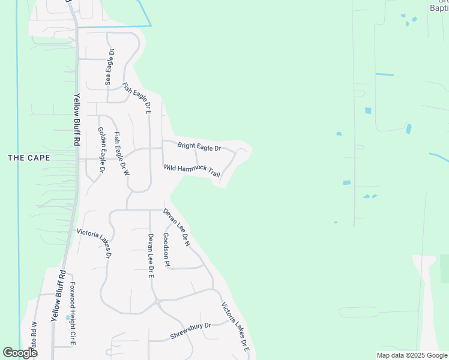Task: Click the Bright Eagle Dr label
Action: (199, 146)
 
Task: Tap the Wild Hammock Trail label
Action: (192, 170)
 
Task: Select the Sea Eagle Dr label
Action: (109, 68)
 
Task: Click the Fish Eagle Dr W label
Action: (122, 153)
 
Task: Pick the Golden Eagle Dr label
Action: (101, 150)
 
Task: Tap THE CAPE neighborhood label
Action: (29, 158)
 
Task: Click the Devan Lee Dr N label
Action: (177, 227)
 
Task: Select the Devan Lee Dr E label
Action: (151, 254)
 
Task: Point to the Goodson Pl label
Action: (166, 250)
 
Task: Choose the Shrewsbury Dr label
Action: (191, 331)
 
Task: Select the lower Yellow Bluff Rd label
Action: (58, 295)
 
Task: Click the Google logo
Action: (20, 353)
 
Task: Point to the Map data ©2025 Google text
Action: (412, 355)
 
